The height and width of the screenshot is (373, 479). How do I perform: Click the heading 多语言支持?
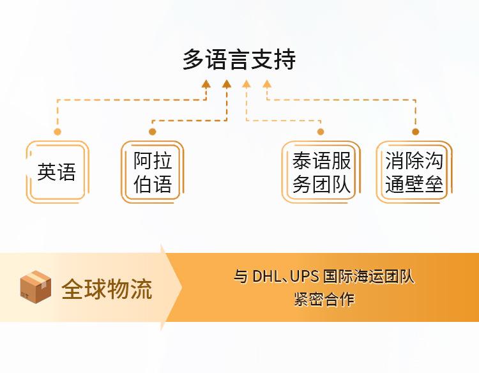[240, 59]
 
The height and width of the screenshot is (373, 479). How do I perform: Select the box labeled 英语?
[57, 172]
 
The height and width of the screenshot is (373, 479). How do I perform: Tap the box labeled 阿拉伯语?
[153, 172]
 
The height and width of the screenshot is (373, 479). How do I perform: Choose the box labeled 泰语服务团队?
[321, 172]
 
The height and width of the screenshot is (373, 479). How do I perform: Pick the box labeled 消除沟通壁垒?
[414, 172]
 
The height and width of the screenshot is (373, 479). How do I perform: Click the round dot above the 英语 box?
[57, 132]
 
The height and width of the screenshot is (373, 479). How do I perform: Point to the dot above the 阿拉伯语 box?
[153, 132]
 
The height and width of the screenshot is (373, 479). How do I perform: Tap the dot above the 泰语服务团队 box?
[321, 132]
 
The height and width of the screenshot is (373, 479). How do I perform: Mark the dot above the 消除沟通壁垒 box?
[416, 132]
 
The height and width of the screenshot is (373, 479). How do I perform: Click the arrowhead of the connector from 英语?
[206, 84]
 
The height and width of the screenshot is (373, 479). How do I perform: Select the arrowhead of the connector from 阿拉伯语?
[227, 84]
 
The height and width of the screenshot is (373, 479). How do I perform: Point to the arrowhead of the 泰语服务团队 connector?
[247, 84]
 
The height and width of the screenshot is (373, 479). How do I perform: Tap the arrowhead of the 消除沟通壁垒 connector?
[267, 84]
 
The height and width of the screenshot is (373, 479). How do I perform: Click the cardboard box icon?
[35, 287]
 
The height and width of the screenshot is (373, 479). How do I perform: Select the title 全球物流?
[107, 289]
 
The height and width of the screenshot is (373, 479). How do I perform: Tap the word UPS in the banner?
[304, 276]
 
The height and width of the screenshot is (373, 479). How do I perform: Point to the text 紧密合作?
[324, 299]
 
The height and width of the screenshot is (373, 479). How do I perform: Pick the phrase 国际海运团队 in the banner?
[369, 276]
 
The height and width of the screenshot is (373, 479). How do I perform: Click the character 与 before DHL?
[241, 276]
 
